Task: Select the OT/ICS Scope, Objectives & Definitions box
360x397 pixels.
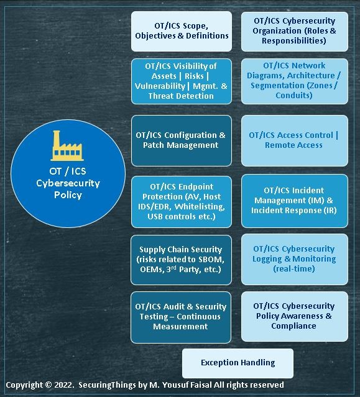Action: pos(182,32)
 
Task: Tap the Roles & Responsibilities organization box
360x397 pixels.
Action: pos(295,32)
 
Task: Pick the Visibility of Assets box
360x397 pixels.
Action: pos(182,81)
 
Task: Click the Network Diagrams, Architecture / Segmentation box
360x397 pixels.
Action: pos(295,81)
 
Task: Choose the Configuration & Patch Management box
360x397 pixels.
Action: pos(182,141)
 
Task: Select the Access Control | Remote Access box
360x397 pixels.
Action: pos(295,141)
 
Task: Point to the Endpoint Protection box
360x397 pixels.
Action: pos(182,202)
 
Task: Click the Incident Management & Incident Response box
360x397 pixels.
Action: pos(295,201)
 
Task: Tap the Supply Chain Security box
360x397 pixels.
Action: pos(181,260)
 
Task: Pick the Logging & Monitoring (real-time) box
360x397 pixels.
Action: pos(295,259)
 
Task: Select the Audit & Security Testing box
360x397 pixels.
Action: pos(181,317)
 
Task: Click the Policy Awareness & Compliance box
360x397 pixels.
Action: pos(295,316)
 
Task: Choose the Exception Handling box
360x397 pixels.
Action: pos(238,363)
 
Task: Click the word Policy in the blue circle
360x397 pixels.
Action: pos(68,195)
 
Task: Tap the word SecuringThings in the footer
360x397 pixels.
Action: pos(107,385)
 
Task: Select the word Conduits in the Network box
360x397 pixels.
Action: pos(294,96)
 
